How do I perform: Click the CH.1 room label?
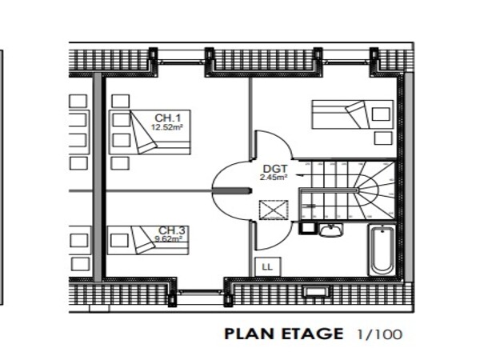[168, 118]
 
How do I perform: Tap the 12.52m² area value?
[167, 127]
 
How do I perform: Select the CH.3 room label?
[171, 230]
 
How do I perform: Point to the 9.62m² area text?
[169, 238]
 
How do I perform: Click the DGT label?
[275, 169]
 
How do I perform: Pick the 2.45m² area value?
[274, 177]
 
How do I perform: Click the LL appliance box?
[267, 266]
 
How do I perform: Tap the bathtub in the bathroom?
[382, 250]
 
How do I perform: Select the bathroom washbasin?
[330, 230]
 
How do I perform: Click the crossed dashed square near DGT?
[274, 210]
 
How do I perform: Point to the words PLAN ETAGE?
[284, 334]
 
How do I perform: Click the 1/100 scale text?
[379, 334]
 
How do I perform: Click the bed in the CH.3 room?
[148, 240]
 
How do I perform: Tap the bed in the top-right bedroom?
[352, 114]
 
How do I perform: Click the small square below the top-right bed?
[383, 138]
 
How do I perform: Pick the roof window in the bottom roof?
[316, 291]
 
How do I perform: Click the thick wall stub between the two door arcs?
[232, 191]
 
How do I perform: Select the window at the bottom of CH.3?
[200, 292]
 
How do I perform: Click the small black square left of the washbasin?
[306, 228]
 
